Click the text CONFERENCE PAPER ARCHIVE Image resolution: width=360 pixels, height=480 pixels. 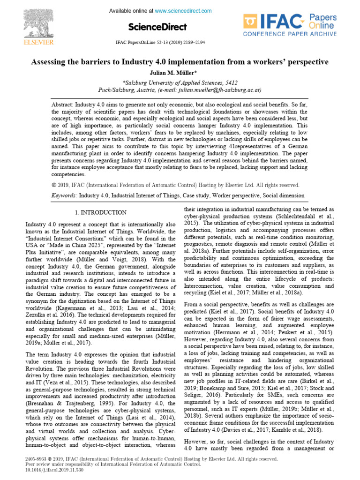pos(290,34)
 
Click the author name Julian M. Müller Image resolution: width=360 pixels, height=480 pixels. pos(180,73)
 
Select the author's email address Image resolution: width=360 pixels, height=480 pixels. pos(225,90)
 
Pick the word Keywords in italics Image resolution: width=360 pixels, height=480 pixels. pos(64,195)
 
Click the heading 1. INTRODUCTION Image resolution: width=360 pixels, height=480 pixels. pos(101,212)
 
